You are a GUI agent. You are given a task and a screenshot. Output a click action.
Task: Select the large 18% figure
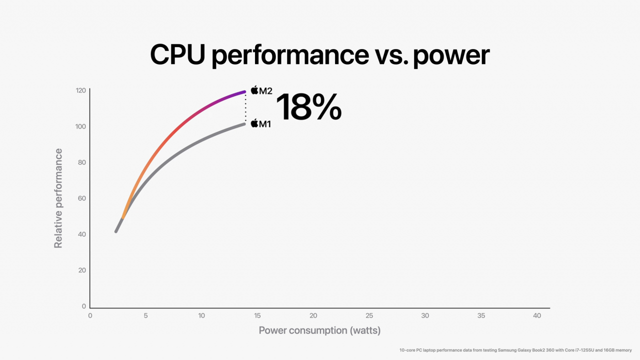click(x=308, y=107)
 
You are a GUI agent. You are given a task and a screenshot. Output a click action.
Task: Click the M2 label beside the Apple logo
click(x=265, y=91)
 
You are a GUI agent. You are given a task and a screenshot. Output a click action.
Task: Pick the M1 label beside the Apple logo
click(x=264, y=123)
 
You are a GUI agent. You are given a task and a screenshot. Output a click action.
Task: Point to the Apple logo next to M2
click(x=254, y=90)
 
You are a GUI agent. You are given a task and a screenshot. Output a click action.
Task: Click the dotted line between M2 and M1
click(x=245, y=107)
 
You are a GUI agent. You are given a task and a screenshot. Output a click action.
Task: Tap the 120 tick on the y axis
click(x=80, y=90)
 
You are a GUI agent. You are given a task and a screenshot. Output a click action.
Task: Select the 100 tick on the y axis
click(x=80, y=126)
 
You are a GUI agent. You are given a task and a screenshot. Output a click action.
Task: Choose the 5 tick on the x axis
click(x=145, y=316)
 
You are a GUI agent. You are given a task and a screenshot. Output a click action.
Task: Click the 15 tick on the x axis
click(x=257, y=316)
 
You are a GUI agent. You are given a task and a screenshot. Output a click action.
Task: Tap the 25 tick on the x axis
click(x=369, y=316)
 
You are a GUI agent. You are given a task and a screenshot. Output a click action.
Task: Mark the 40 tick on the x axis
click(x=537, y=316)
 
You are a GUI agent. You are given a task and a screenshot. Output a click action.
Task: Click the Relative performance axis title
click(x=58, y=198)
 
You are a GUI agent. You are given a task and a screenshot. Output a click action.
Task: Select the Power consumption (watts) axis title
click(x=319, y=330)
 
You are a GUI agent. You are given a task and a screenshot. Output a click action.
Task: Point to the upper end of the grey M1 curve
click(x=243, y=124)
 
